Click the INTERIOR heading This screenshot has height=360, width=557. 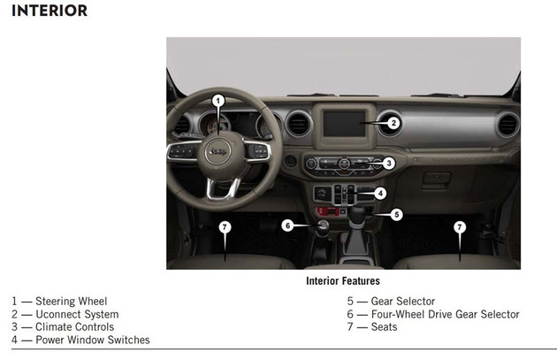pyautogui.click(x=50, y=11)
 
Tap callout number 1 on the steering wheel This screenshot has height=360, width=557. pyautogui.click(x=218, y=101)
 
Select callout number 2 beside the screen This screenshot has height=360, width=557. pyautogui.click(x=393, y=123)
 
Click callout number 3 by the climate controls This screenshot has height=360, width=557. pyautogui.click(x=389, y=163)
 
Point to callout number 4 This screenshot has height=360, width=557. pyautogui.click(x=380, y=194)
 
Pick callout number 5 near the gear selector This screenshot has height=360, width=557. pyautogui.click(x=396, y=215)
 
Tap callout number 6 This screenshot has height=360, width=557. pyautogui.click(x=287, y=226)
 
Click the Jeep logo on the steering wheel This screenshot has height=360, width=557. pyautogui.click(x=217, y=152)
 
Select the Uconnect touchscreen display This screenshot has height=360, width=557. pyautogui.click(x=344, y=124)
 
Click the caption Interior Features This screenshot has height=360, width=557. pyautogui.click(x=343, y=281)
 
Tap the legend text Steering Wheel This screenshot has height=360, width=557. pyautogui.click(x=71, y=302)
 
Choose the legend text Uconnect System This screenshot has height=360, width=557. pyautogui.click(x=77, y=314)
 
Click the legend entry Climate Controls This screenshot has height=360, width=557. pyautogui.click(x=74, y=327)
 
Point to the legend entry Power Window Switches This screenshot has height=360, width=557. pyautogui.click(x=93, y=340)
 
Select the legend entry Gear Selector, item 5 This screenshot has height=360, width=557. pyautogui.click(x=403, y=302)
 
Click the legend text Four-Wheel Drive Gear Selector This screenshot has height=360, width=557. pyautogui.click(x=445, y=314)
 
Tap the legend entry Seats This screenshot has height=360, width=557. pyautogui.click(x=384, y=327)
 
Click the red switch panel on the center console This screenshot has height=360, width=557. pyautogui.click(x=328, y=211)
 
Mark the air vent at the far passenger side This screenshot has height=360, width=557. pyautogui.click(x=507, y=125)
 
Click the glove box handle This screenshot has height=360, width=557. pyautogui.click(x=437, y=177)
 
